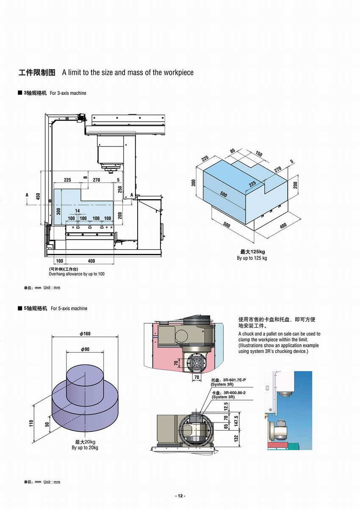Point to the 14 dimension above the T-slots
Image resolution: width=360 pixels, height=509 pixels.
(x=77, y=211)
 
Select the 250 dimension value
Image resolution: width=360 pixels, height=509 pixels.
(x=120, y=189)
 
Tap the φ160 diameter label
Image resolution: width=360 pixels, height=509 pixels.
(x=85, y=334)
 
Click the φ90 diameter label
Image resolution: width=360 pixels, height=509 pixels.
(x=85, y=349)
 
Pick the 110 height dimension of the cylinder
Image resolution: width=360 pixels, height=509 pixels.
(x=31, y=423)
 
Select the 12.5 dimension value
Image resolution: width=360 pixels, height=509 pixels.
(x=225, y=406)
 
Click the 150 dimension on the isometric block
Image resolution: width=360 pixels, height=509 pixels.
(x=259, y=154)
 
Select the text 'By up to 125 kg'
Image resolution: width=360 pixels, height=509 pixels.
(x=252, y=258)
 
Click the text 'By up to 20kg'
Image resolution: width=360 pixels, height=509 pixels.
(x=85, y=448)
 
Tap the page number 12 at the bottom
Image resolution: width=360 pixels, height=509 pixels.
(x=180, y=496)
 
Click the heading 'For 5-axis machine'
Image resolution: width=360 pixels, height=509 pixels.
(x=69, y=309)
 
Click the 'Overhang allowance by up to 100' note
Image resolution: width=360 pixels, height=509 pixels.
(x=77, y=274)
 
